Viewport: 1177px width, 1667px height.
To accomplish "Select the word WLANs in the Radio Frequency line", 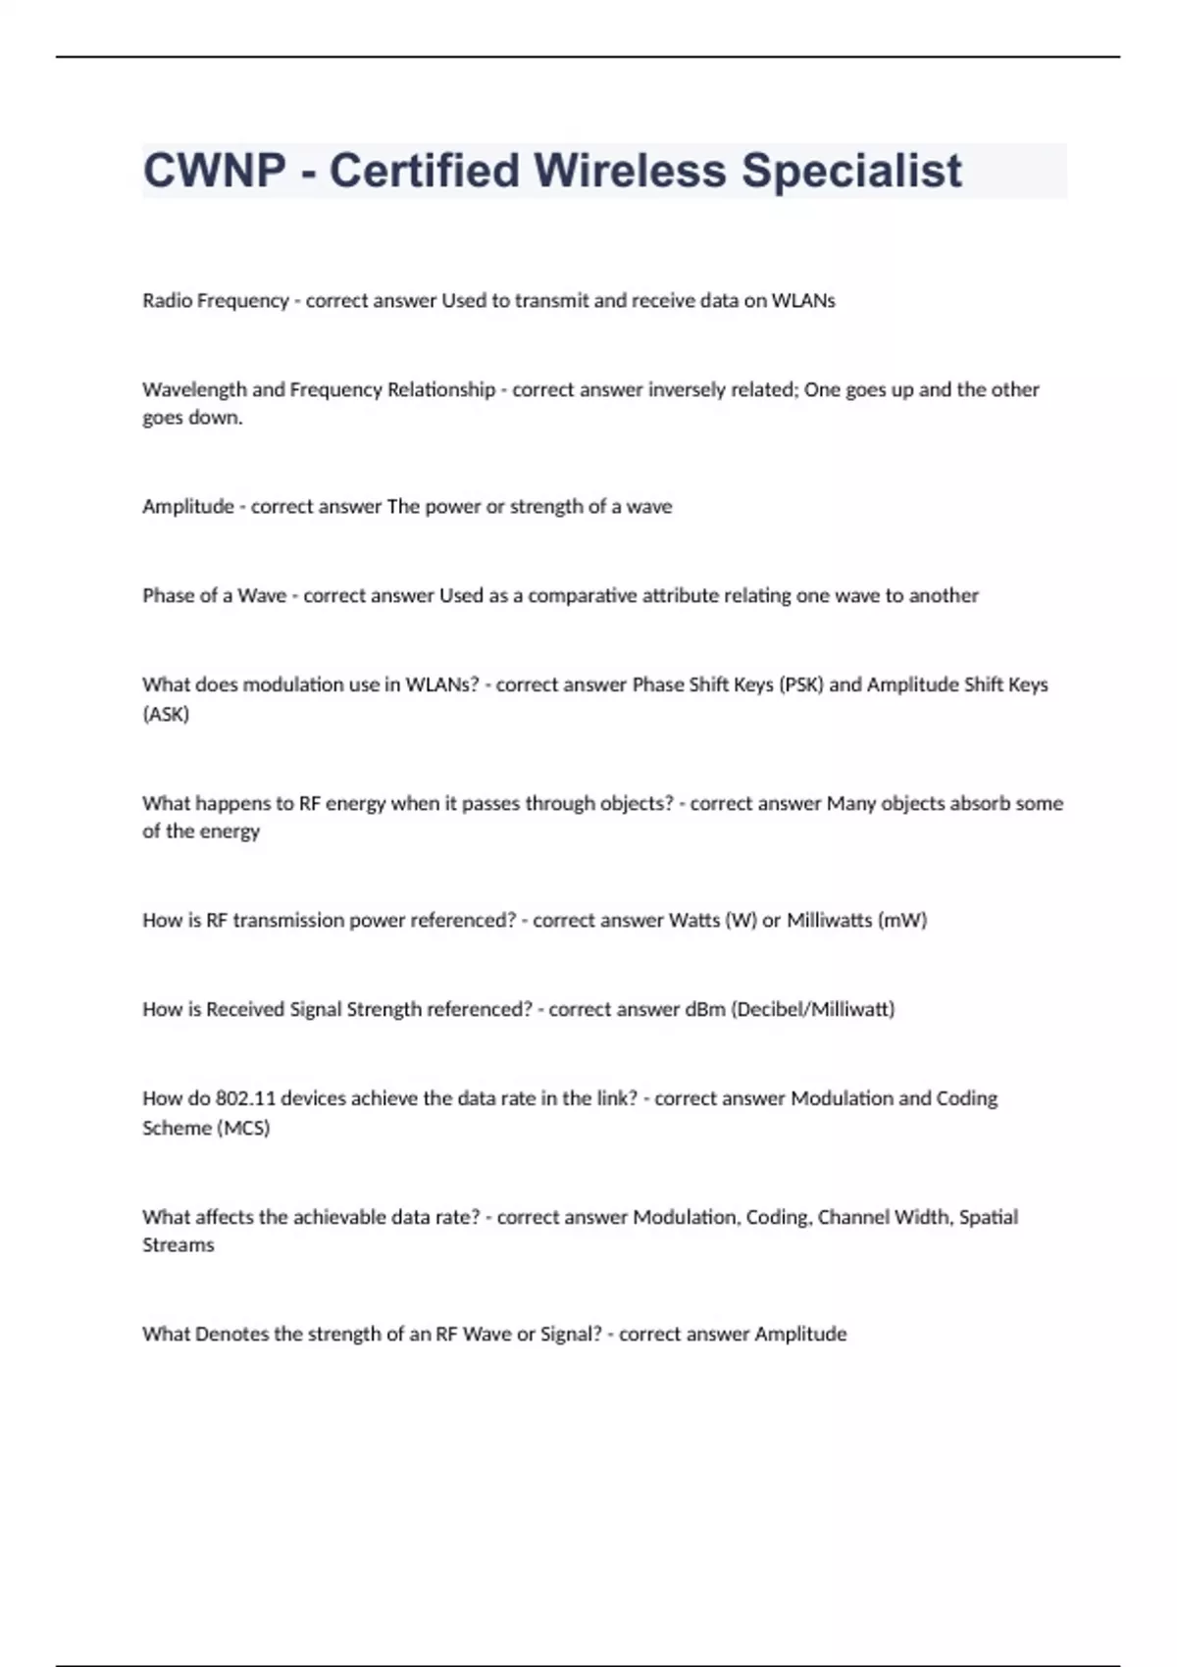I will (x=803, y=301).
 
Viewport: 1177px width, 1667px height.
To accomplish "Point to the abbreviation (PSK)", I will (x=800, y=684).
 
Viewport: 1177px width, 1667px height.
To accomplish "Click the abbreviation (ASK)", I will (x=166, y=714).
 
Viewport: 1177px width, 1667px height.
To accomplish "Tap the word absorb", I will (x=980, y=803).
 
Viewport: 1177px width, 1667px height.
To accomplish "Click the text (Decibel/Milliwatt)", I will (x=813, y=1009).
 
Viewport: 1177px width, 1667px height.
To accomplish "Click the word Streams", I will (x=178, y=1244).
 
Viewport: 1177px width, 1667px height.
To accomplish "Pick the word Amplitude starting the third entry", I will (x=187, y=506).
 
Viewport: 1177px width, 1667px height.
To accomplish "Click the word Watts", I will (x=693, y=920).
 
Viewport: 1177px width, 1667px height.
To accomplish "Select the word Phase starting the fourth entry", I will (x=168, y=595).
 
